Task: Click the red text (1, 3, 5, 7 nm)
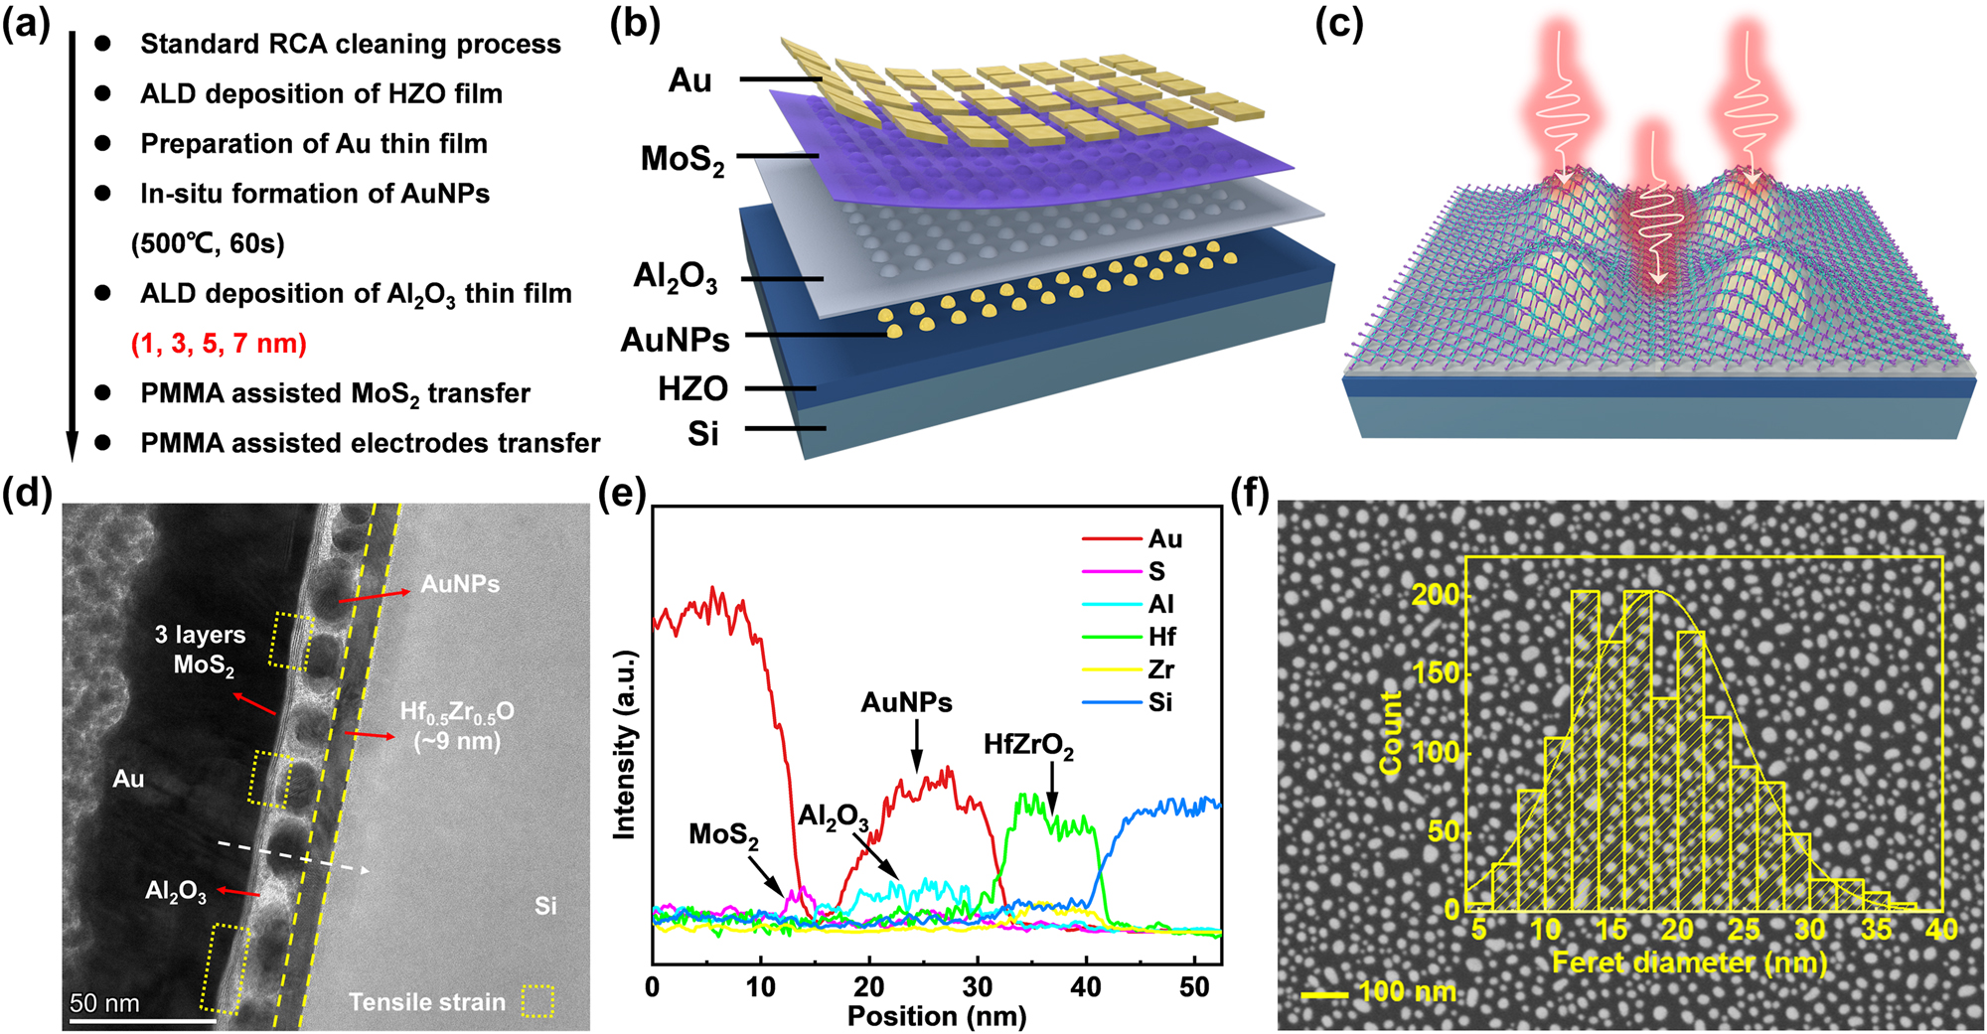tap(219, 344)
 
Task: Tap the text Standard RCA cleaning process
tap(350, 44)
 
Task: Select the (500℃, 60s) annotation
tap(208, 243)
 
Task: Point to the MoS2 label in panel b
tap(683, 159)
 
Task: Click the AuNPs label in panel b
tap(675, 340)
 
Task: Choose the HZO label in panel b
tap(692, 388)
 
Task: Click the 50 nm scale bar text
tap(104, 1002)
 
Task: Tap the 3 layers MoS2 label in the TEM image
tap(201, 649)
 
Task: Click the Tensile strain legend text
tap(426, 1002)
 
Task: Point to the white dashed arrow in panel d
tap(293, 857)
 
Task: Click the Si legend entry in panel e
tap(1160, 702)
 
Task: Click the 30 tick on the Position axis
tap(978, 987)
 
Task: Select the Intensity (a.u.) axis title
tap(624, 745)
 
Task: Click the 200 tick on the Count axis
tap(1435, 595)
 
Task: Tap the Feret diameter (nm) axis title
tap(1689, 961)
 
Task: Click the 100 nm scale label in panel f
tap(1406, 991)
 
